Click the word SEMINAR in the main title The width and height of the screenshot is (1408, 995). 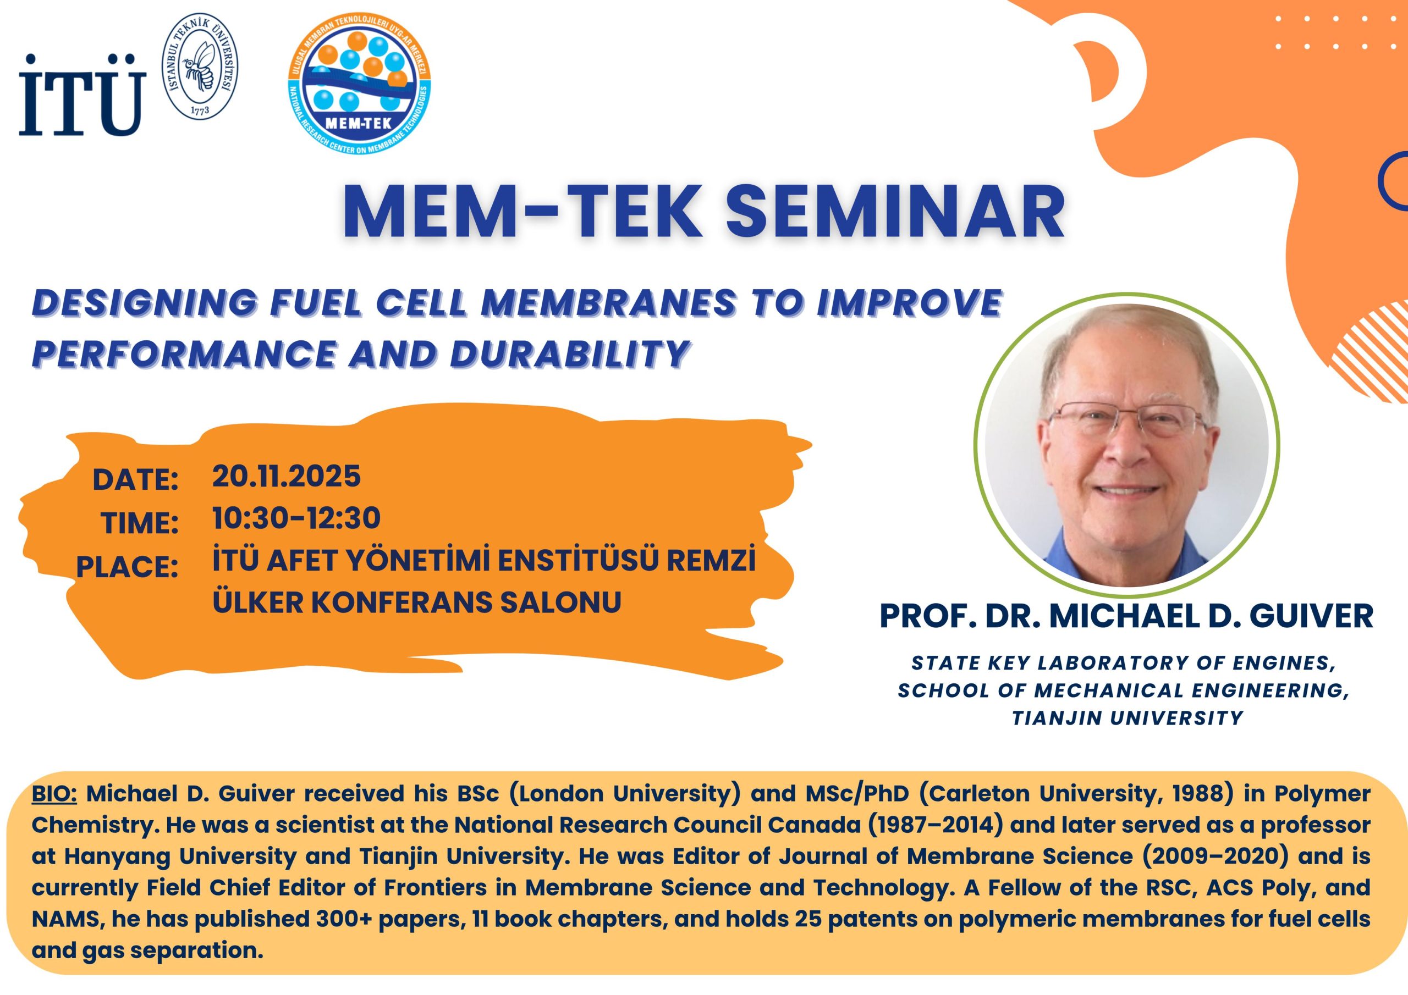(895, 211)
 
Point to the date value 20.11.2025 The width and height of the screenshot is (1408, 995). (287, 477)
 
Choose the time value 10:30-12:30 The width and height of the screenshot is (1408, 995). (296, 518)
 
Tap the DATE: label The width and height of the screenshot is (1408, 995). (135, 479)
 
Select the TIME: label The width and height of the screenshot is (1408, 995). (140, 523)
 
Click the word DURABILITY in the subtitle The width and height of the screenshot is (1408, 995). (570, 353)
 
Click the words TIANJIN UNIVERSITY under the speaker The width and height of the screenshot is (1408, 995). (1127, 717)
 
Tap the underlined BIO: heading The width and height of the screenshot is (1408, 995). (54, 793)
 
